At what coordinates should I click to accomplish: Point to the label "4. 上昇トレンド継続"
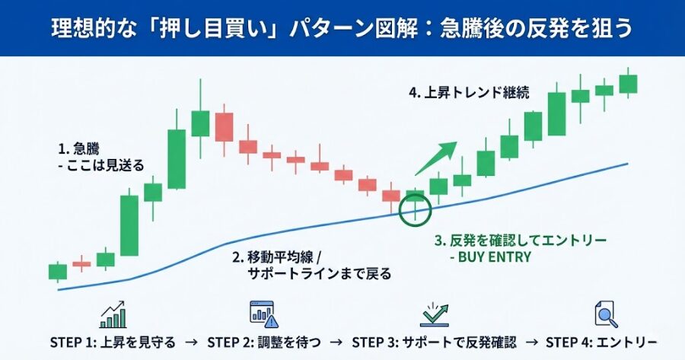(469, 93)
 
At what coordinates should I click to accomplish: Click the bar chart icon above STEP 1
(113, 313)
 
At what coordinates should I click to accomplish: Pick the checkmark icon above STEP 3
(435, 313)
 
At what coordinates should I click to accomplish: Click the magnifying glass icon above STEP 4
(604, 314)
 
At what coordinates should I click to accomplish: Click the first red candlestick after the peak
(224, 126)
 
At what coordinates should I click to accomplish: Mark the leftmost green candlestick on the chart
(58, 272)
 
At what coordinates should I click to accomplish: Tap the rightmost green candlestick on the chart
(628, 83)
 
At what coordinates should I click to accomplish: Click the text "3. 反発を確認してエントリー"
(521, 241)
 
